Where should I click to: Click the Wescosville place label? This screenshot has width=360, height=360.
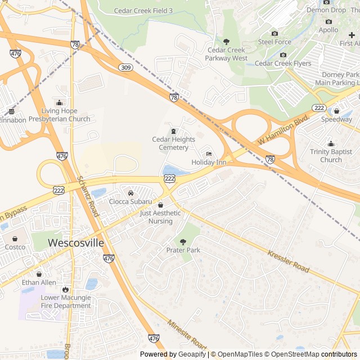(x=76, y=243)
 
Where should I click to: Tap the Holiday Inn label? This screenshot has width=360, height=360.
(x=209, y=163)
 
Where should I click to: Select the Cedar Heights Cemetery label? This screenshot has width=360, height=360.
(x=173, y=143)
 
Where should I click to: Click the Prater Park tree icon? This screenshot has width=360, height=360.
(x=183, y=241)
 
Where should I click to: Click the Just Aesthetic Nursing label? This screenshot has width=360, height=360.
(x=160, y=217)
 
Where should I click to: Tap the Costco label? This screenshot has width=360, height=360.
(x=15, y=247)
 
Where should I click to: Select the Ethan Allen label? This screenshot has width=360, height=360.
(x=39, y=282)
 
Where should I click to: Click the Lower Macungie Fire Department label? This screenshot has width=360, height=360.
(x=66, y=302)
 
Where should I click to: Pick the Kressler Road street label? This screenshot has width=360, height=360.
(x=289, y=262)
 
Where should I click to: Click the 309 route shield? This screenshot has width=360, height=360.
(x=125, y=67)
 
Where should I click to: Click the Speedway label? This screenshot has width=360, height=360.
(x=336, y=120)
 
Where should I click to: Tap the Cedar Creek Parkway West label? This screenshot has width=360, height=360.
(x=226, y=54)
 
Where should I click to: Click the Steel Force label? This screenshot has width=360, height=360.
(x=274, y=42)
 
